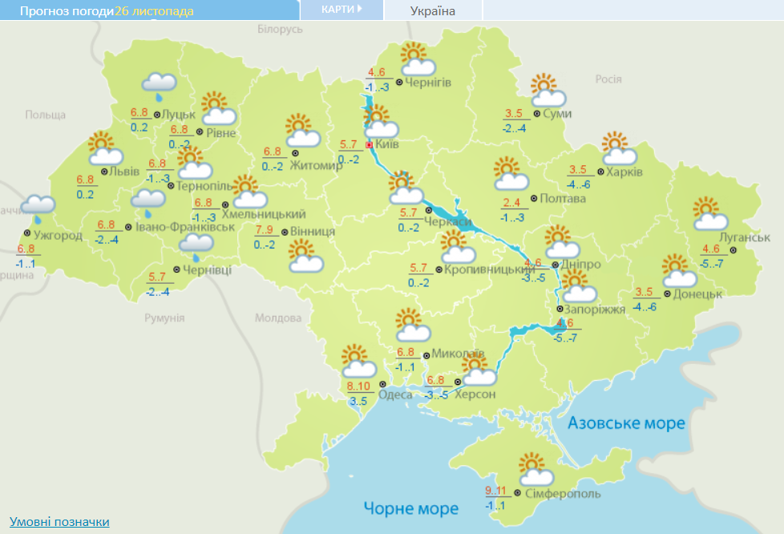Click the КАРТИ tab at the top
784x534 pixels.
341,9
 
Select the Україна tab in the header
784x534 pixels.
432,11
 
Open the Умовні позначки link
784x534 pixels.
59,522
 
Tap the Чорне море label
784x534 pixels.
410,508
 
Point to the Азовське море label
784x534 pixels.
626,423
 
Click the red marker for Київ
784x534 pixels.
369,145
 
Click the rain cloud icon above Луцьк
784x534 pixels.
159,84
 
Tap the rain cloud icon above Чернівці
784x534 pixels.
196,245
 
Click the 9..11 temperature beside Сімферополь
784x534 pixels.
496,491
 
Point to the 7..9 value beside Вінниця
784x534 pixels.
265,231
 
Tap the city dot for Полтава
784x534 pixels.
533,198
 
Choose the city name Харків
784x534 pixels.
624,172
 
